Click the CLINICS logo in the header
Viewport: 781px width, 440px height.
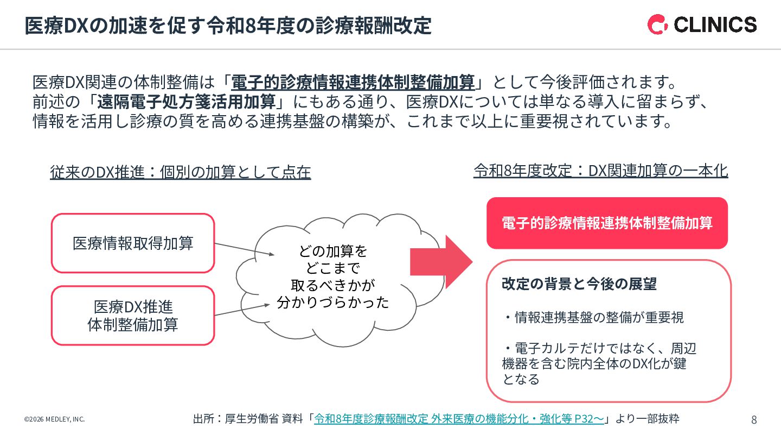tap(702, 24)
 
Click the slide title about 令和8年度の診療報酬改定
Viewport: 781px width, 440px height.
tap(228, 26)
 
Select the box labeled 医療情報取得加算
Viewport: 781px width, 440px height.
tap(133, 243)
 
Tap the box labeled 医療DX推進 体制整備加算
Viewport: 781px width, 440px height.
tap(133, 316)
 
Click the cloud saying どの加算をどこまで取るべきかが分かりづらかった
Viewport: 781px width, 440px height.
tap(332, 276)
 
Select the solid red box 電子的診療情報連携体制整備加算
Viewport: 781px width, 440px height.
tap(607, 223)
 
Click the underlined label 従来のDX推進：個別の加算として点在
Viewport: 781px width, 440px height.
tap(181, 172)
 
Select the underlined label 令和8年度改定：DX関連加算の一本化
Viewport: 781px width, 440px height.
tap(600, 171)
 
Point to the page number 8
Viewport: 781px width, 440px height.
tap(754, 419)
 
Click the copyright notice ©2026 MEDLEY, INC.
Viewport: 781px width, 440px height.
tap(54, 419)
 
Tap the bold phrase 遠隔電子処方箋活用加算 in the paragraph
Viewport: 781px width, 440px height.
tap(187, 102)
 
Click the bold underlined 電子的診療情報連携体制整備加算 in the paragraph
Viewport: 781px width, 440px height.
tap(353, 83)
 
